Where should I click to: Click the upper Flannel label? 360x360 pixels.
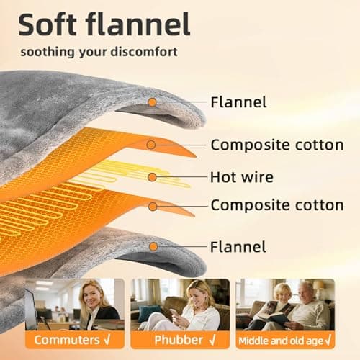click(x=238, y=102)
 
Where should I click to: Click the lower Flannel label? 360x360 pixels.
click(x=238, y=247)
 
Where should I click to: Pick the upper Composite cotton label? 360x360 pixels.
click(x=276, y=145)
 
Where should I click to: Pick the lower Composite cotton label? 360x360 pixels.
click(x=276, y=206)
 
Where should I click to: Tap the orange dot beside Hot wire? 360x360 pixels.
click(x=152, y=176)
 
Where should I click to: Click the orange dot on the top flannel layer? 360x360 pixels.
click(x=152, y=102)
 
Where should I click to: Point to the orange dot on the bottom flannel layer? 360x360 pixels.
click(x=152, y=247)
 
